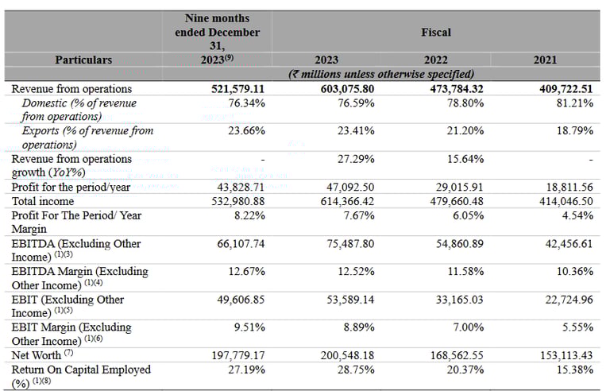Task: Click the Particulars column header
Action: pyautogui.click(x=83, y=60)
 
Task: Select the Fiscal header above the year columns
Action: pyautogui.click(x=435, y=33)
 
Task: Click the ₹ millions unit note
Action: pyautogui.click(x=381, y=73)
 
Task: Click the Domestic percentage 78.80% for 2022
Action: pyautogui.click(x=464, y=103)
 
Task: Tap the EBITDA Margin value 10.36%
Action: pyautogui.click(x=574, y=271)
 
